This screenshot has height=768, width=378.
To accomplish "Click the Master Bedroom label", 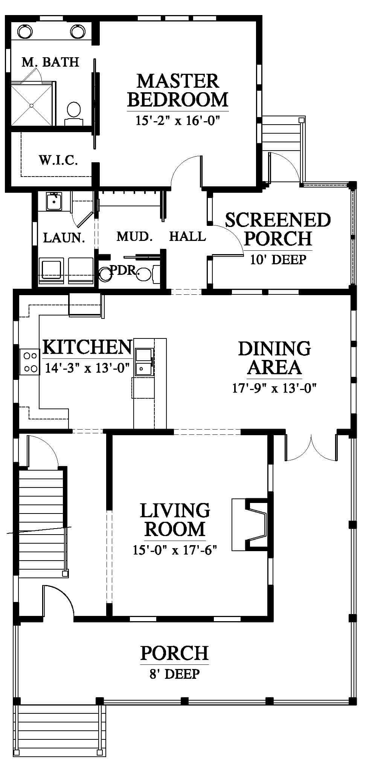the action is pyautogui.click(x=178, y=90).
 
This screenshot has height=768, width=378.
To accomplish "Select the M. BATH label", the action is pyautogui.click(x=50, y=62).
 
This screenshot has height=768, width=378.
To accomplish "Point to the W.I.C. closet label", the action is pyautogui.click(x=58, y=161).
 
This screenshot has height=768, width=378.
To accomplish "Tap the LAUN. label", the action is pyautogui.click(x=64, y=238).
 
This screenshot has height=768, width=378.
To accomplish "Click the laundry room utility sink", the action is pyautogui.click(x=55, y=201).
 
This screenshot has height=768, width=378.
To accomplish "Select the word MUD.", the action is pyautogui.click(x=134, y=236).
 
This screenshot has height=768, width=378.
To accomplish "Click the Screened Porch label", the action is pyautogui.click(x=278, y=229).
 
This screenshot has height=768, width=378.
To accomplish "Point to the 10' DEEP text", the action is pyautogui.click(x=278, y=259).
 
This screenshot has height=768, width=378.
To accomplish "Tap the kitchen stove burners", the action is pyautogui.click(x=30, y=361).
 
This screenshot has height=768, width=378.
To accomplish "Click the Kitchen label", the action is pyautogui.click(x=87, y=347).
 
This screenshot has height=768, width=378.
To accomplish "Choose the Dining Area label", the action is pyautogui.click(x=274, y=358).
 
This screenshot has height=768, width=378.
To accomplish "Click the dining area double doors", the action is pyautogui.click(x=311, y=448).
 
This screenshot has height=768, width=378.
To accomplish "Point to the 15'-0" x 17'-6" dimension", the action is pyautogui.click(x=175, y=550).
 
